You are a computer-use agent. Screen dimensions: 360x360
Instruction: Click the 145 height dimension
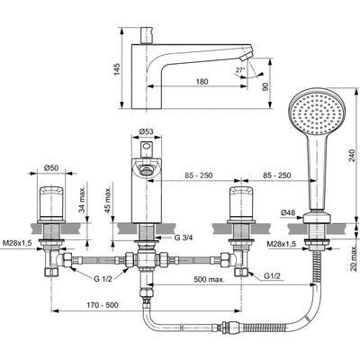tap(117, 69)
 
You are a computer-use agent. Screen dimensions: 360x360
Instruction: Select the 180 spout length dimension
tap(202, 81)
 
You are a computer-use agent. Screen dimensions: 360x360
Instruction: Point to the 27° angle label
tap(240, 70)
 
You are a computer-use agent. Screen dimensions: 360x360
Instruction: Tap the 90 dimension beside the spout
tap(266, 86)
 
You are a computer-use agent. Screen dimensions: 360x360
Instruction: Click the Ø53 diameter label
tap(147, 131)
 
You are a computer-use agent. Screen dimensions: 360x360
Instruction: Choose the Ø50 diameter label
tap(51, 168)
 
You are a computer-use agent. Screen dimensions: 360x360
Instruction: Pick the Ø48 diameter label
tap(288, 212)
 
